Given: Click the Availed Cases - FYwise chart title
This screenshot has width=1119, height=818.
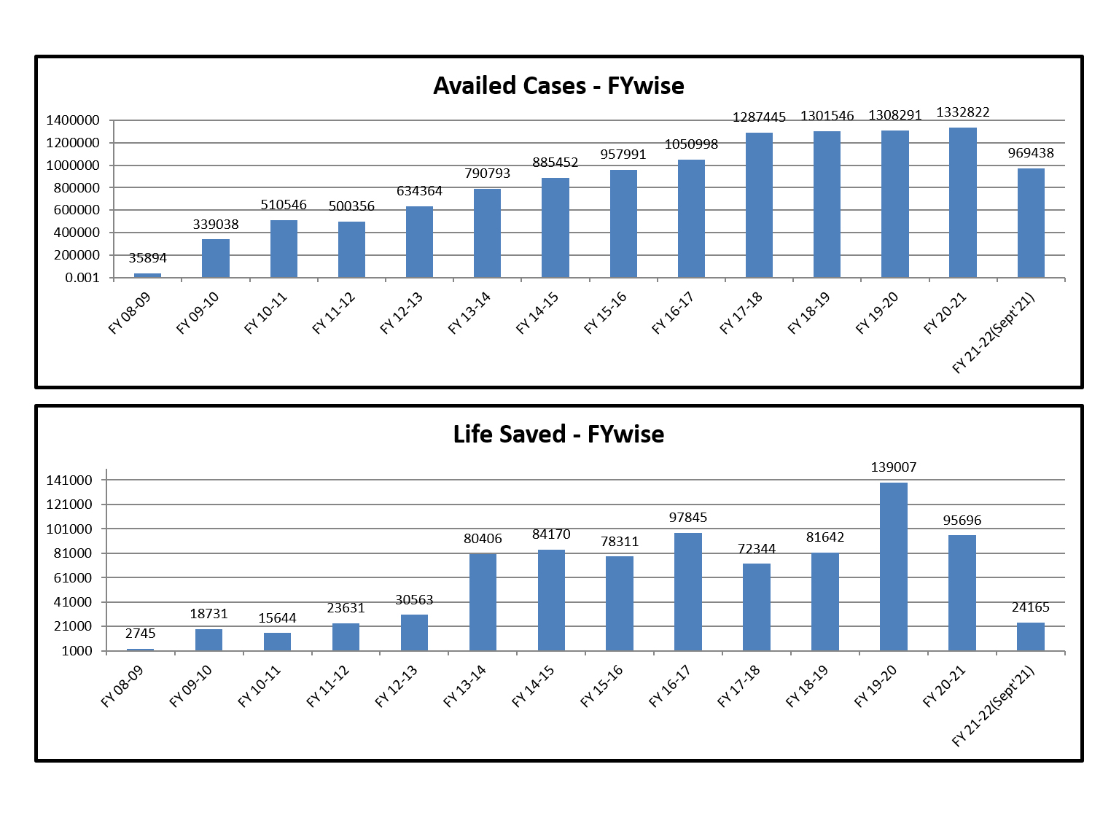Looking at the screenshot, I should click(x=558, y=86).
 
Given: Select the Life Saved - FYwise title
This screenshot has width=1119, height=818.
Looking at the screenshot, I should click(x=558, y=435).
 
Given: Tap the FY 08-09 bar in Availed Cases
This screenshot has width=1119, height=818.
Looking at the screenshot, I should click(x=147, y=275).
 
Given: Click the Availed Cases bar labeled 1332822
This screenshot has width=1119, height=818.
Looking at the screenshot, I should click(x=962, y=203).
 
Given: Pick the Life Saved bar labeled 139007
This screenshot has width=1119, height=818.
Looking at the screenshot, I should click(x=893, y=566).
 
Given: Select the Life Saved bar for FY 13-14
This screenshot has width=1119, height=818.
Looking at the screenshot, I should click(x=483, y=602).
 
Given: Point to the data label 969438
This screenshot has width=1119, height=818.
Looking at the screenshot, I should click(x=1031, y=153).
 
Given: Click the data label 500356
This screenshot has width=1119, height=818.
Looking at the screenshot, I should click(x=351, y=206).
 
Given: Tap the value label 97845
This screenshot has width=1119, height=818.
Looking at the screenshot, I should click(x=688, y=518).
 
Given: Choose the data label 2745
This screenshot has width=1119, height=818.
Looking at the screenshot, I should click(x=141, y=634).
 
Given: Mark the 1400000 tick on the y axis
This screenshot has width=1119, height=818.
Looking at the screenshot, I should click(x=73, y=120).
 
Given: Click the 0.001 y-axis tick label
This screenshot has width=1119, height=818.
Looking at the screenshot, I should click(x=82, y=278).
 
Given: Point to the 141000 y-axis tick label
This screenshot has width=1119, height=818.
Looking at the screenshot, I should click(x=69, y=480).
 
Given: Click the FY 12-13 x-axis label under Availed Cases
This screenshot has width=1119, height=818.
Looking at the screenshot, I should click(x=402, y=313).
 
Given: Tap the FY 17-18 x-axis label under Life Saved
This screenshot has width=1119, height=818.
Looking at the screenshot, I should click(x=738, y=686).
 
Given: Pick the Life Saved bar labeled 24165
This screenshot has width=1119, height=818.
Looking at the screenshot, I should click(x=1030, y=636).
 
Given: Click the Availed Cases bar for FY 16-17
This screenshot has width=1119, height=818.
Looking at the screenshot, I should click(x=691, y=219).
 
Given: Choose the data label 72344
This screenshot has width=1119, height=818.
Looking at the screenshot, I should click(x=757, y=549).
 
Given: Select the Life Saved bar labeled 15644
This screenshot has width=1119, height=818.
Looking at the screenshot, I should click(x=277, y=642).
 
